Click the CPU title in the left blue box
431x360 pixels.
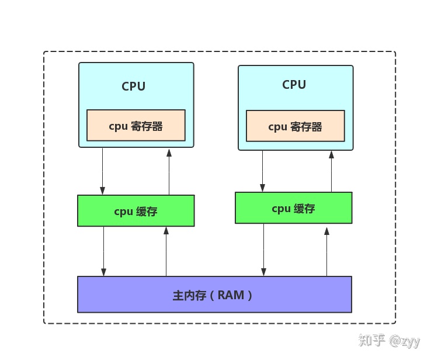point(133,86)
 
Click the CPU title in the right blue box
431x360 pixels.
point(294,85)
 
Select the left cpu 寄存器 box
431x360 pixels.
point(135,126)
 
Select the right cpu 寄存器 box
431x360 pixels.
point(295,126)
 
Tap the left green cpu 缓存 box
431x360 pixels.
point(135,211)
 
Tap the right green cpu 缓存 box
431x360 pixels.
point(293,208)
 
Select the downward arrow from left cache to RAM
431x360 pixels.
point(103,251)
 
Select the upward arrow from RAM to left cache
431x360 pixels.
point(166,251)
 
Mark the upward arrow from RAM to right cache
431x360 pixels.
point(326,251)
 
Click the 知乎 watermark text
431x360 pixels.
point(371,341)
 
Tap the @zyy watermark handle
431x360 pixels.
point(405,341)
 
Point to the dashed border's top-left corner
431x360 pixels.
point(44,52)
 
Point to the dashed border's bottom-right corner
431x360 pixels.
point(395,323)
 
